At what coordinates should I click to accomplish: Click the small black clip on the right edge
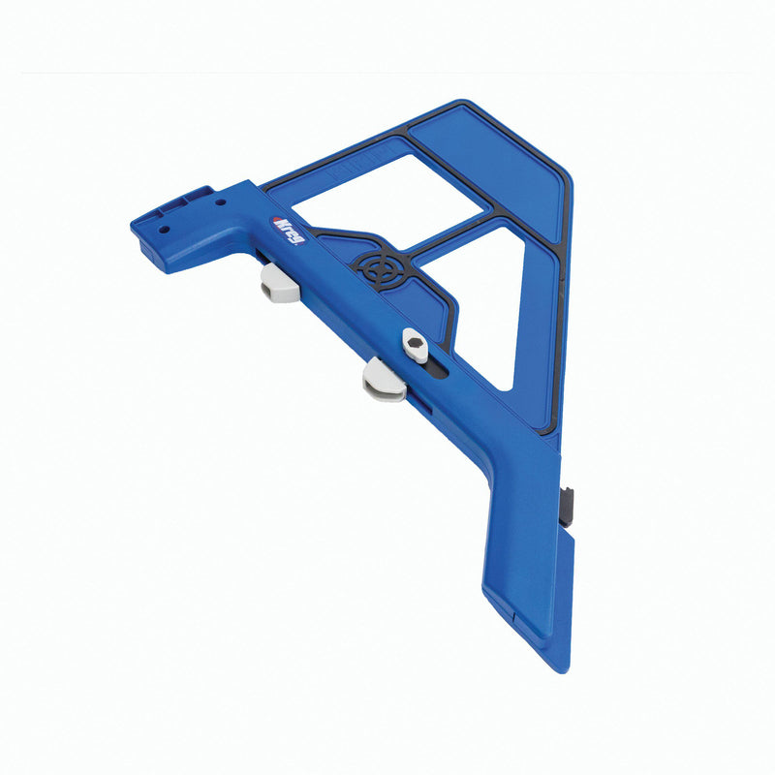(x=569, y=501)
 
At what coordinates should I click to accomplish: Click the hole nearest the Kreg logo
(x=221, y=204)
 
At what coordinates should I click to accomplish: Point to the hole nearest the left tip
(x=164, y=230)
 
